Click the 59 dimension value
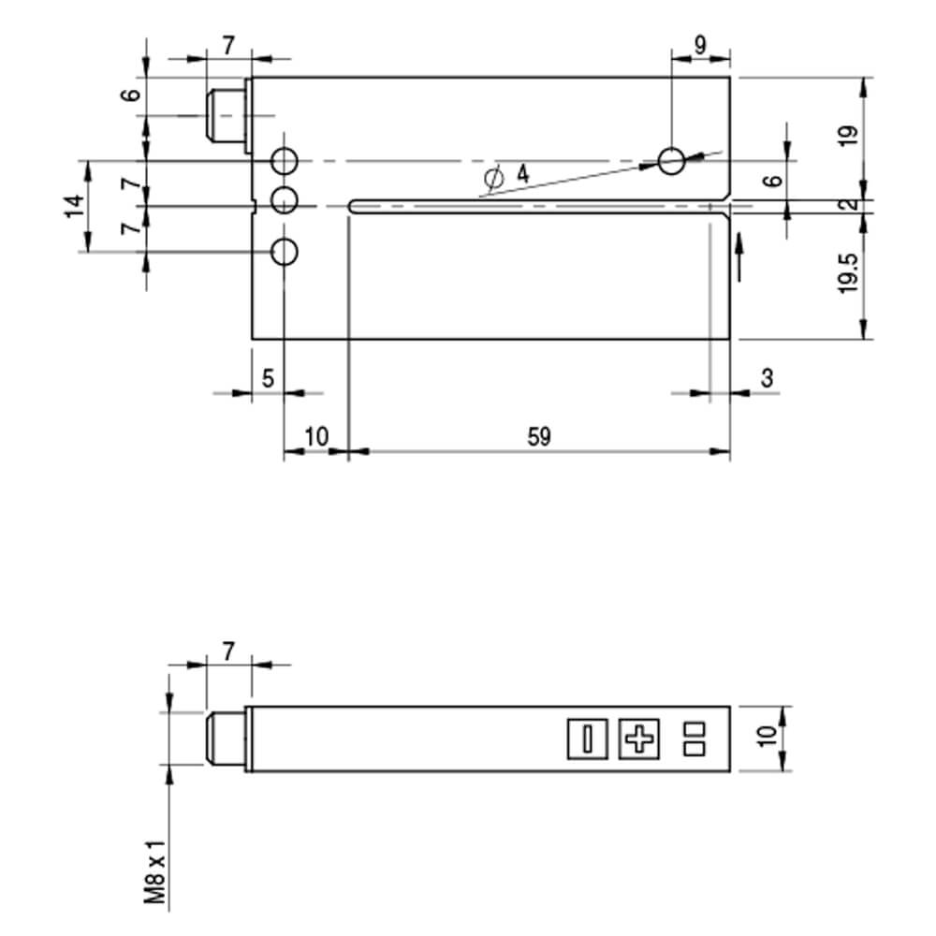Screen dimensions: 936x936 [539, 437]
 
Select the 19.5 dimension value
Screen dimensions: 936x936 [848, 273]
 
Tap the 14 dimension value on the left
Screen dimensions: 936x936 [75, 206]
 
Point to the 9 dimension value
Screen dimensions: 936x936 [700, 45]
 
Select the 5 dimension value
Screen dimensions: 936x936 [268, 378]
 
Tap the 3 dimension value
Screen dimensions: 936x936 [768, 378]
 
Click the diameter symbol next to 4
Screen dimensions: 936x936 [493, 178]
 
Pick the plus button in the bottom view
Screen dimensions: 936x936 [638, 739]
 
